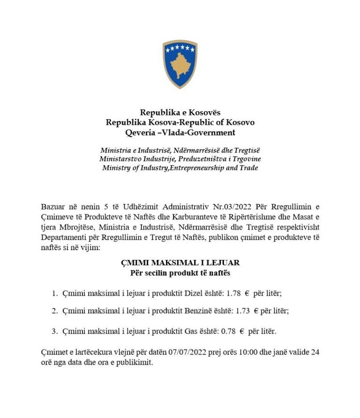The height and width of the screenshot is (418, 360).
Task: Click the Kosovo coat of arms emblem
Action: (180, 64)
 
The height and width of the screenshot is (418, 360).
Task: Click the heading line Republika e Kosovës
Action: (180, 112)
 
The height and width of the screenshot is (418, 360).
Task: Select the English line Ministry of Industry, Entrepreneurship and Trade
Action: (180, 168)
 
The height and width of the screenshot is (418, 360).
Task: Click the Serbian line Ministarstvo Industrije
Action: (180, 159)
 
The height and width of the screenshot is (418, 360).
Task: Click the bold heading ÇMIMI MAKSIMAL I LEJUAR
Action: (180, 263)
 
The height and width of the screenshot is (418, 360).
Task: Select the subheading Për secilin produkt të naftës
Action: (180, 272)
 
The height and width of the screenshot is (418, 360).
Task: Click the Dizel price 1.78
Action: (233, 293)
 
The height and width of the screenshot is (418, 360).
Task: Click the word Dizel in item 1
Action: (190, 293)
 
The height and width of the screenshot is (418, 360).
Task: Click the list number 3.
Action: (54, 331)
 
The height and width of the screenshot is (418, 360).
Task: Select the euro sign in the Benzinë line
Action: (256, 311)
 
